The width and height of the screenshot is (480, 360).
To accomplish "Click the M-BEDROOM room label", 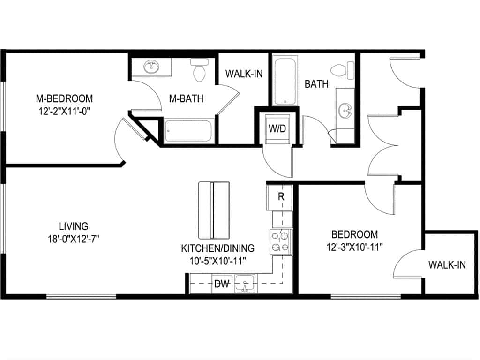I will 64,98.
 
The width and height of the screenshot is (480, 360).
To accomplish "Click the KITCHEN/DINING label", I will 218,248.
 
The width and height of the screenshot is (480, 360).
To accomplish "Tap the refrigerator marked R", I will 280,197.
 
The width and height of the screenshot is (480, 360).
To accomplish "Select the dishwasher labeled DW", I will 223,284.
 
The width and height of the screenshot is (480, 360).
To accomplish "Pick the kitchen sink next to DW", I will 245,284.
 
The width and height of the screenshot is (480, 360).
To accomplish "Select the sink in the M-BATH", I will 151,67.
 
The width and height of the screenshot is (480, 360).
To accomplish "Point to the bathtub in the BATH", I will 284,81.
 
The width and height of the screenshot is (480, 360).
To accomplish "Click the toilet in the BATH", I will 341,70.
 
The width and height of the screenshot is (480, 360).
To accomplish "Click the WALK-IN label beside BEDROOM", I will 447,265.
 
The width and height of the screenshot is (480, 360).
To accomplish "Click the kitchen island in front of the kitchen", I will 214,210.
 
